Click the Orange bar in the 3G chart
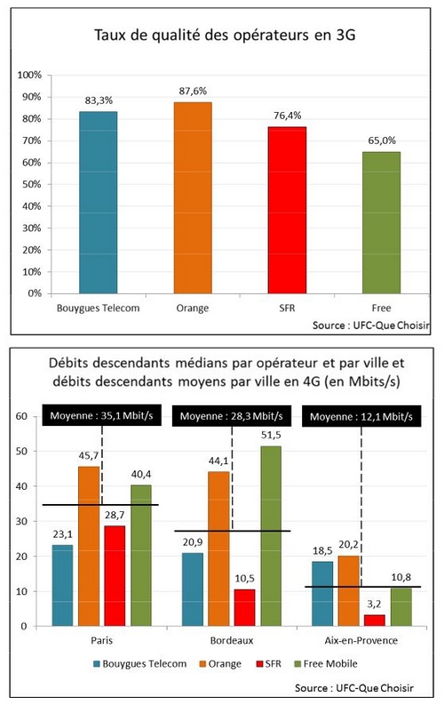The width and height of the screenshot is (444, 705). (x=193, y=198)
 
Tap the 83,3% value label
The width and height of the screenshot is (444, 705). (x=99, y=100)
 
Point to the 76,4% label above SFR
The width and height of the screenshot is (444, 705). (x=288, y=116)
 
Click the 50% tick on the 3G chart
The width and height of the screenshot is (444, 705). (x=31, y=184)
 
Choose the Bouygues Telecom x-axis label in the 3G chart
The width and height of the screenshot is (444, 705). (x=98, y=308)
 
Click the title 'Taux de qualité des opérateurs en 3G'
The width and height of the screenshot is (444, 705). (x=225, y=35)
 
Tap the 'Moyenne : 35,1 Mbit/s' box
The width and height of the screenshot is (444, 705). (x=101, y=415)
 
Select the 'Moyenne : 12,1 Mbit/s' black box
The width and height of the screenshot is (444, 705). (x=361, y=416)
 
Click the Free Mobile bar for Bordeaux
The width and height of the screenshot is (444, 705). (x=271, y=535)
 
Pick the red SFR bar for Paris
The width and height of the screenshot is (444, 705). (x=115, y=575)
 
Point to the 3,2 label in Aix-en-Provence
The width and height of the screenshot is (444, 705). (x=374, y=605)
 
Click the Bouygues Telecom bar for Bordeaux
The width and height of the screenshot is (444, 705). (x=193, y=589)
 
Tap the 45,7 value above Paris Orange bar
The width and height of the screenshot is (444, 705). (x=89, y=455)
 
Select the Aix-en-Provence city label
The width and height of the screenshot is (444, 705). (x=361, y=640)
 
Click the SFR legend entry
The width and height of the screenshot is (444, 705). (x=268, y=663)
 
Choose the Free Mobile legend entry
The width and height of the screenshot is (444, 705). (x=326, y=663)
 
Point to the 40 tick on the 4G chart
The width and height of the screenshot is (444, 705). (x=21, y=486)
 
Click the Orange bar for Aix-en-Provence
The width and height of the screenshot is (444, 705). (x=348, y=590)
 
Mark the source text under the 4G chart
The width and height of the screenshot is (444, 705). (x=354, y=688)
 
